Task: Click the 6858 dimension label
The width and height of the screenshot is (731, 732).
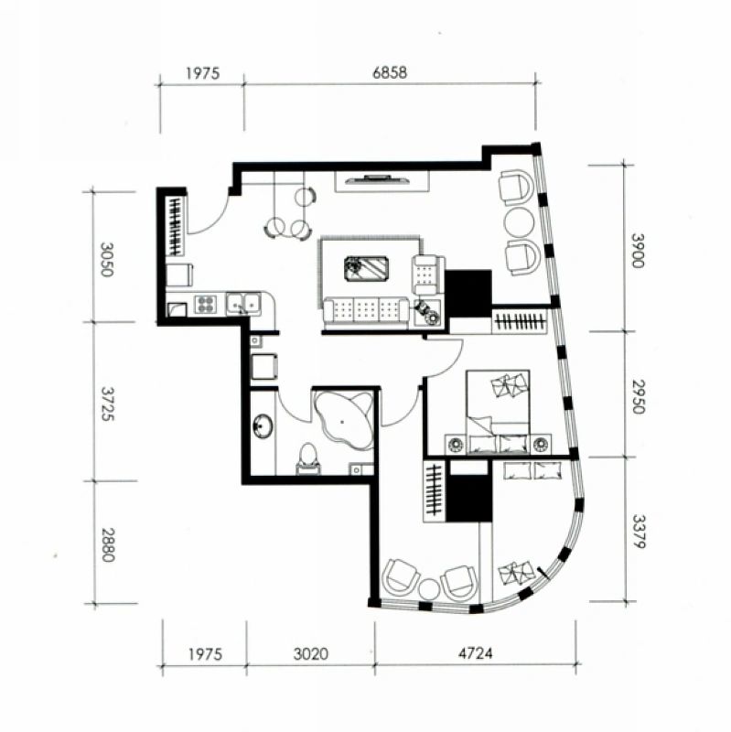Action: pyautogui.click(x=390, y=73)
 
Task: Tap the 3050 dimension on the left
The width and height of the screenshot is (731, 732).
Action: pyautogui.click(x=107, y=260)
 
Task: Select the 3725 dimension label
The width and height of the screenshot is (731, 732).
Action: pyautogui.click(x=107, y=404)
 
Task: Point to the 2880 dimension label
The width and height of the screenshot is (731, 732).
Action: pyautogui.click(x=108, y=544)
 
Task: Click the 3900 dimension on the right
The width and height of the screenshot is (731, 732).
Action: pyautogui.click(x=637, y=251)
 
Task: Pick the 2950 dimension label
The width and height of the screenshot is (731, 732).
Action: pyautogui.click(x=638, y=397)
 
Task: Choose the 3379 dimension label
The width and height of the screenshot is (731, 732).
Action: pyautogui.click(x=639, y=532)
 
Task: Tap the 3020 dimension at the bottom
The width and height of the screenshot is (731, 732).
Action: pyautogui.click(x=311, y=653)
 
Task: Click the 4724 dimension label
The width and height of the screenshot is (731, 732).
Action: pyautogui.click(x=475, y=652)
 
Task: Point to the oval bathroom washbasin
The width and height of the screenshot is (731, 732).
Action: pyautogui.click(x=263, y=425)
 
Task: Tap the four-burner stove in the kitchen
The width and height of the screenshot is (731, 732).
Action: pyautogui.click(x=205, y=304)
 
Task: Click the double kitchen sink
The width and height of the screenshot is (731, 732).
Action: pyautogui.click(x=243, y=304)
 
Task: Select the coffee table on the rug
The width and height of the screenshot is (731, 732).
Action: pyautogui.click(x=367, y=268)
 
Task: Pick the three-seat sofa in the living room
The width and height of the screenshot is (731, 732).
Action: pyautogui.click(x=367, y=310)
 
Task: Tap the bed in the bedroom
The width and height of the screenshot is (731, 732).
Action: pyautogui.click(x=498, y=412)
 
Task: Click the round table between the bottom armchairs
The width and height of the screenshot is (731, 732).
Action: pyautogui.click(x=428, y=588)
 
